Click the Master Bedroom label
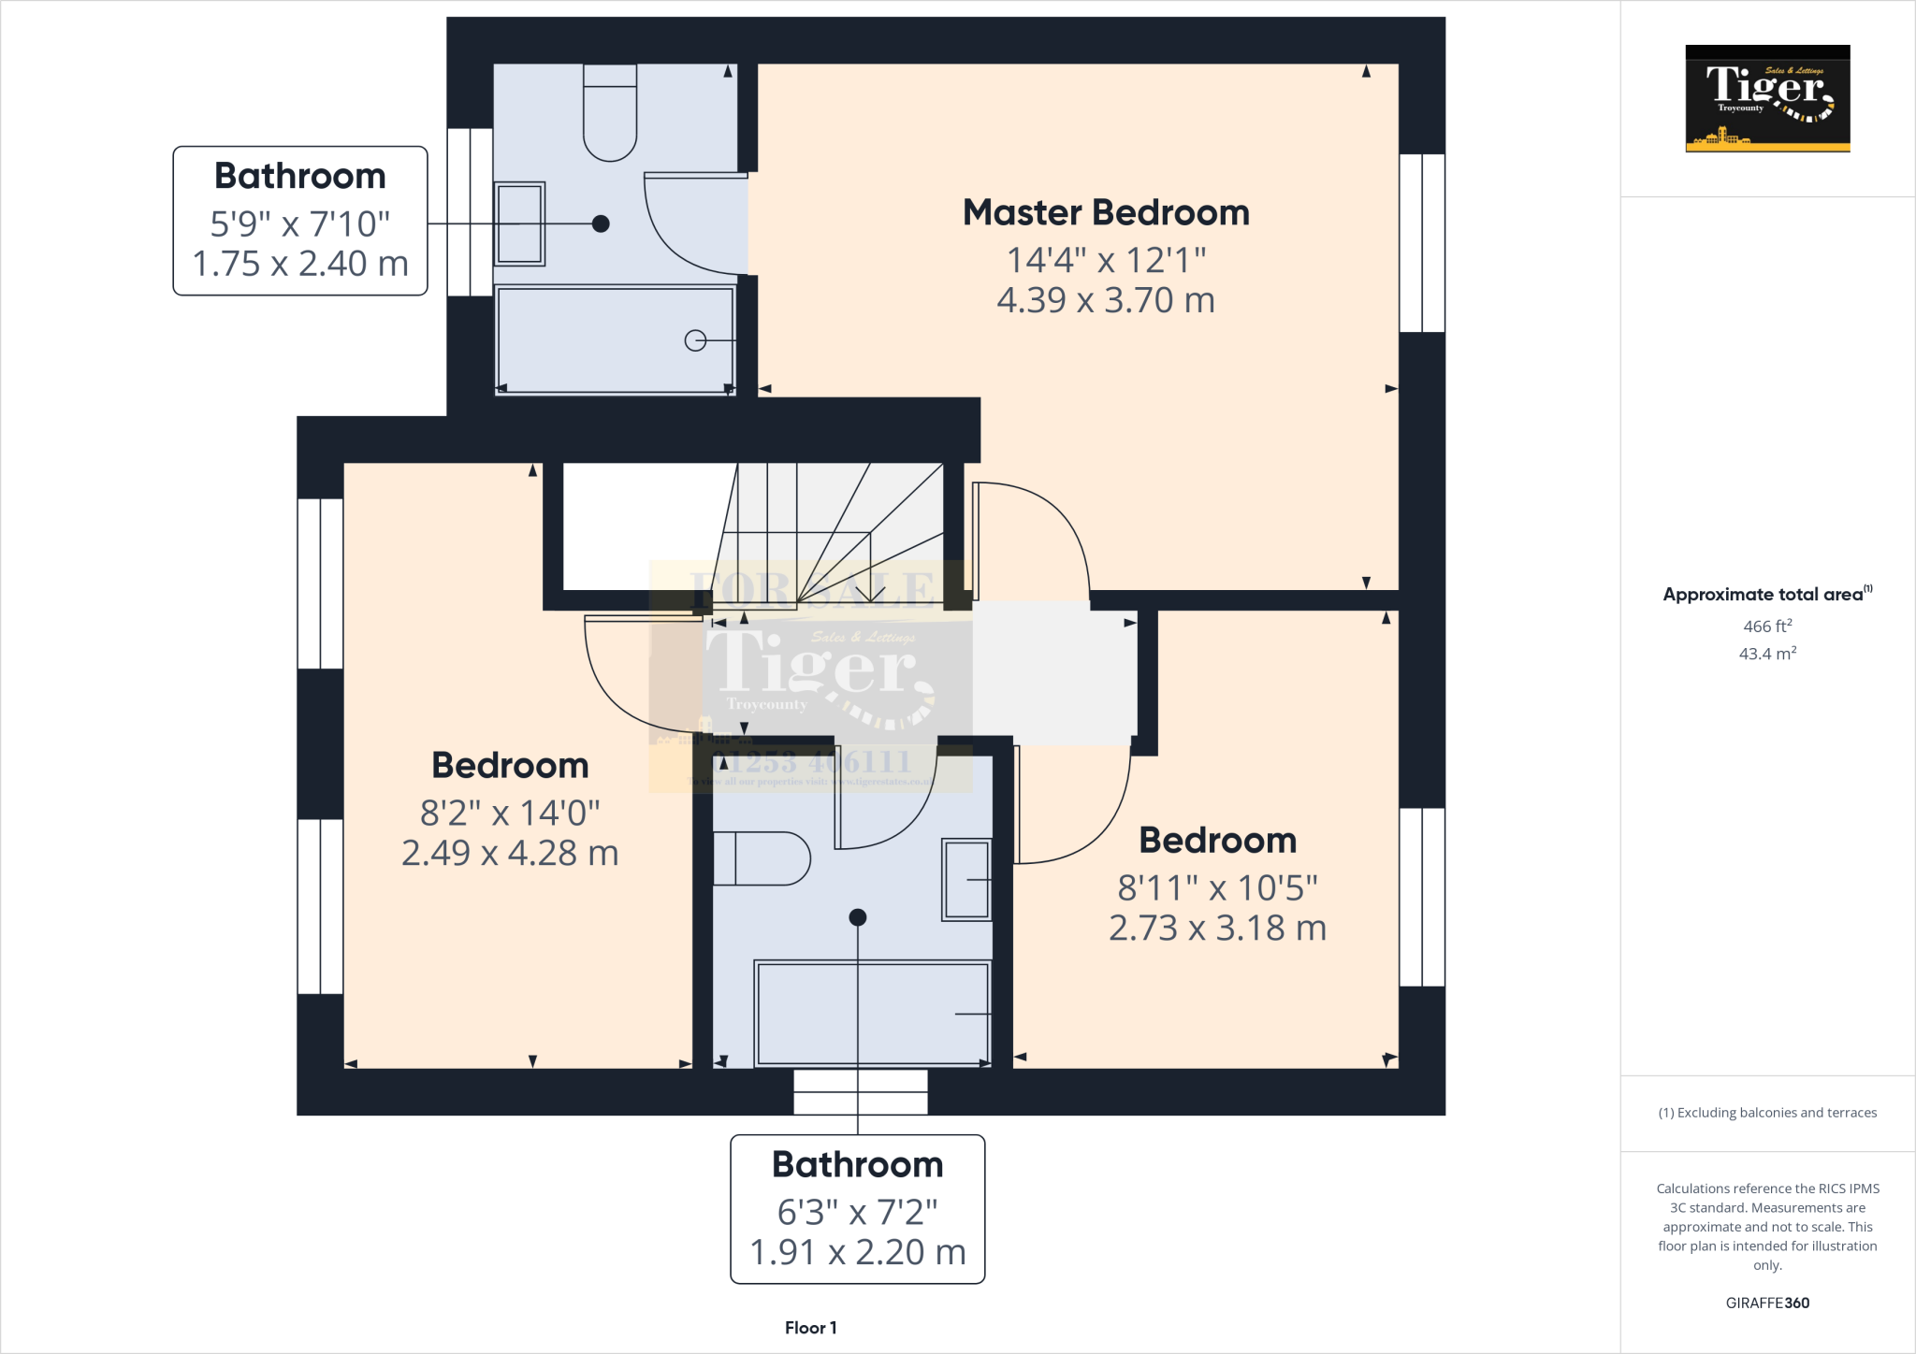click(1106, 213)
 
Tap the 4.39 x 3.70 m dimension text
click(1106, 301)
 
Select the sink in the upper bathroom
click(519, 224)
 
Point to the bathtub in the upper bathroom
click(615, 340)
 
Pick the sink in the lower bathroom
click(966, 880)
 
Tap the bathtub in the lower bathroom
click(872, 1014)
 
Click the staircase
click(833, 528)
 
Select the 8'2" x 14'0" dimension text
click(510, 814)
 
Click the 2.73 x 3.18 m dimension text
click(1217, 929)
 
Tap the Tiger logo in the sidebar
click(1767, 98)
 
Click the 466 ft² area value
click(1767, 627)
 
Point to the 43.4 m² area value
click(1767, 654)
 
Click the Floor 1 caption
click(810, 1328)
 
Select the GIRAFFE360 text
click(1767, 1303)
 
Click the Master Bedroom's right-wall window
click(1422, 243)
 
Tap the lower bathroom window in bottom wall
click(861, 1092)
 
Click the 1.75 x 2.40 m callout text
click(300, 265)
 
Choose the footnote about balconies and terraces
click(1767, 1113)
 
